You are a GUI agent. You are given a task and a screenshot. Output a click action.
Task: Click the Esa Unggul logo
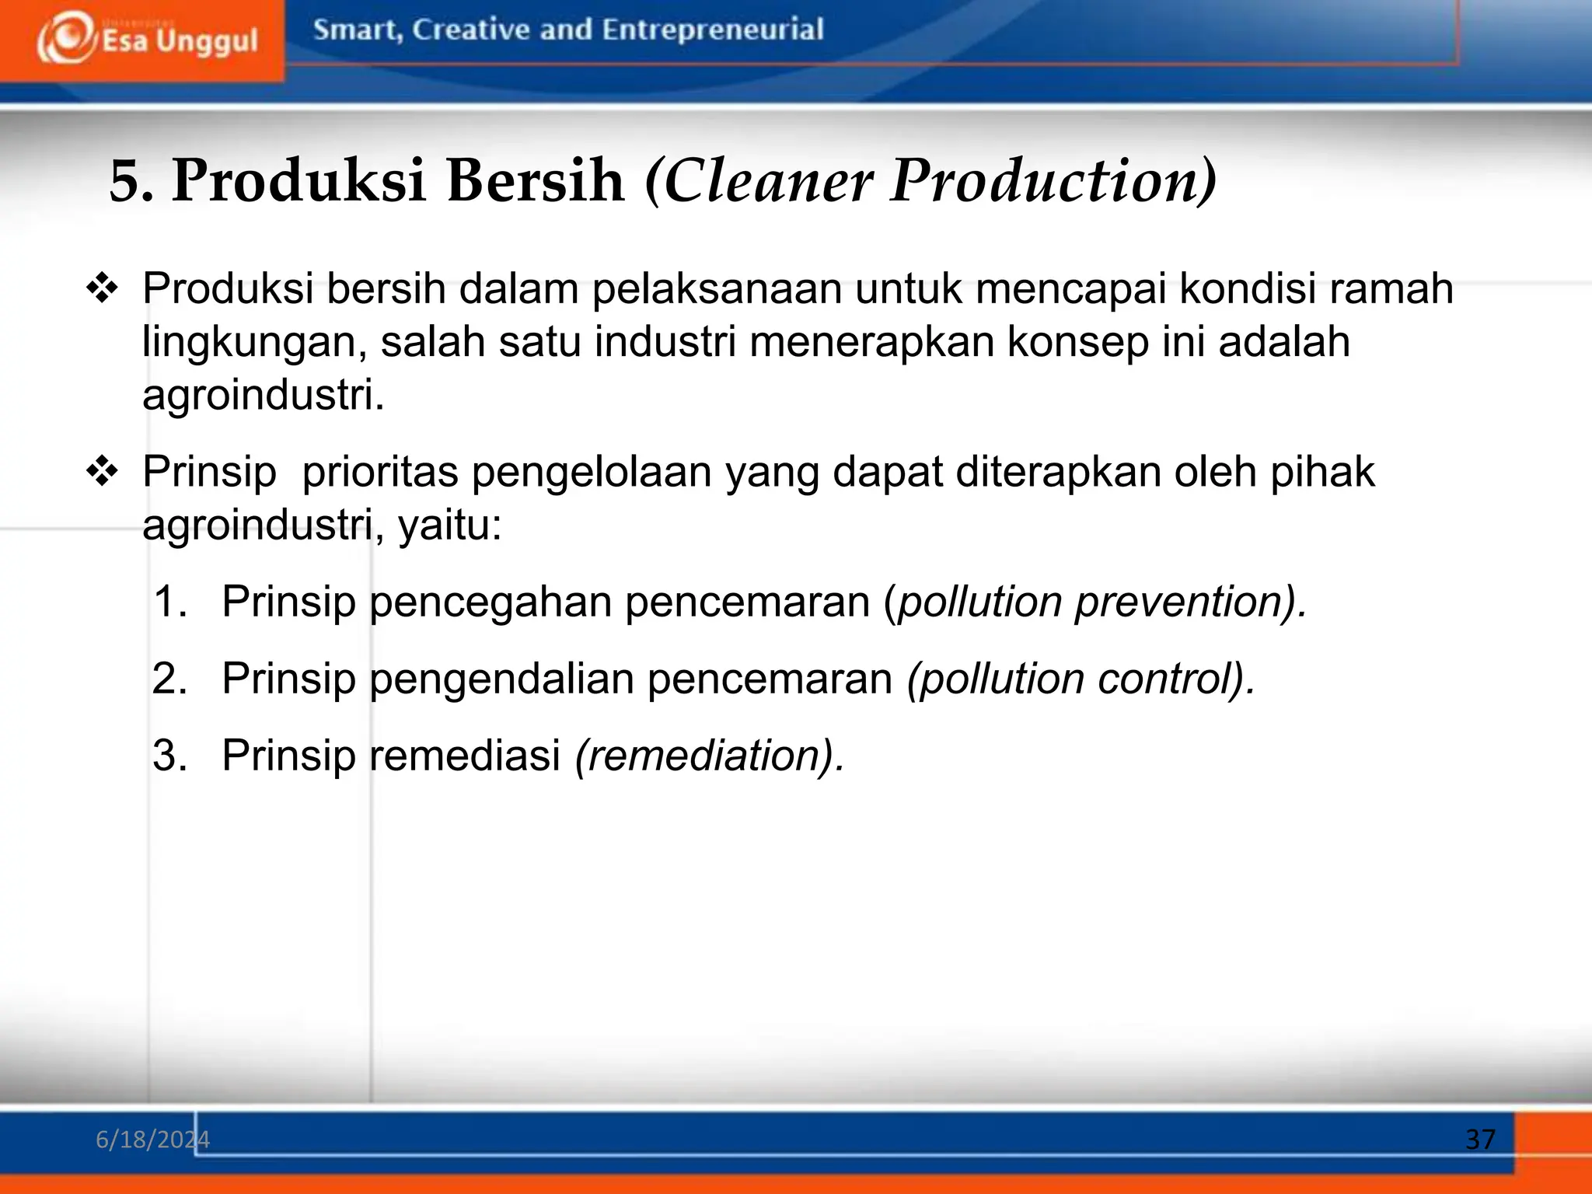(x=146, y=39)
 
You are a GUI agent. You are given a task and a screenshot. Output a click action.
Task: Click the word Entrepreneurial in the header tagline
(x=712, y=30)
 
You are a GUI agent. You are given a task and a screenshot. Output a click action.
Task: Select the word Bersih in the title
(x=536, y=180)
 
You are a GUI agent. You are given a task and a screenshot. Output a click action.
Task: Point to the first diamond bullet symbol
(x=102, y=289)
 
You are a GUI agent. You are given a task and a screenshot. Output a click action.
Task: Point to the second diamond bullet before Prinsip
(x=102, y=472)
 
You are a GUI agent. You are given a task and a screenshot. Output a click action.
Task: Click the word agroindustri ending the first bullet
(x=262, y=395)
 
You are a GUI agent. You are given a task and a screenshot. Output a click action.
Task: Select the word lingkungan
(x=253, y=343)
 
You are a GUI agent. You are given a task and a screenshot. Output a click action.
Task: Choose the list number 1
(x=169, y=602)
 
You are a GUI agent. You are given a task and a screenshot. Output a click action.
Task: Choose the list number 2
(x=169, y=679)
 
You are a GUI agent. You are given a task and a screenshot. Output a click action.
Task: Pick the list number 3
(x=169, y=755)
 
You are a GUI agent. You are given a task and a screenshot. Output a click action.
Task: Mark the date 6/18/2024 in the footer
(x=152, y=1140)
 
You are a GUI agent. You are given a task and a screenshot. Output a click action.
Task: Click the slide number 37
(x=1479, y=1140)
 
